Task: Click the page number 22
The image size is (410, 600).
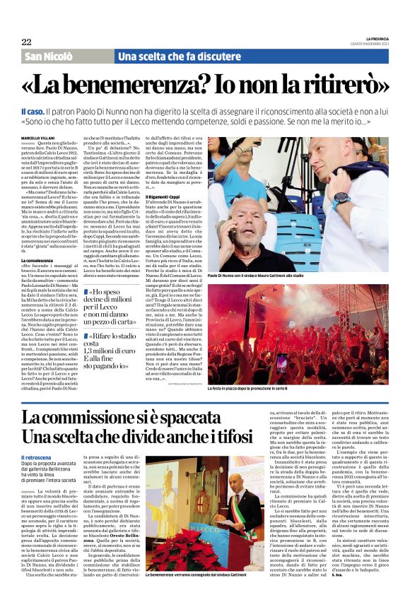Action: coord(26,42)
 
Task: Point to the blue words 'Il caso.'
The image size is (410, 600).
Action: coord(33,112)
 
